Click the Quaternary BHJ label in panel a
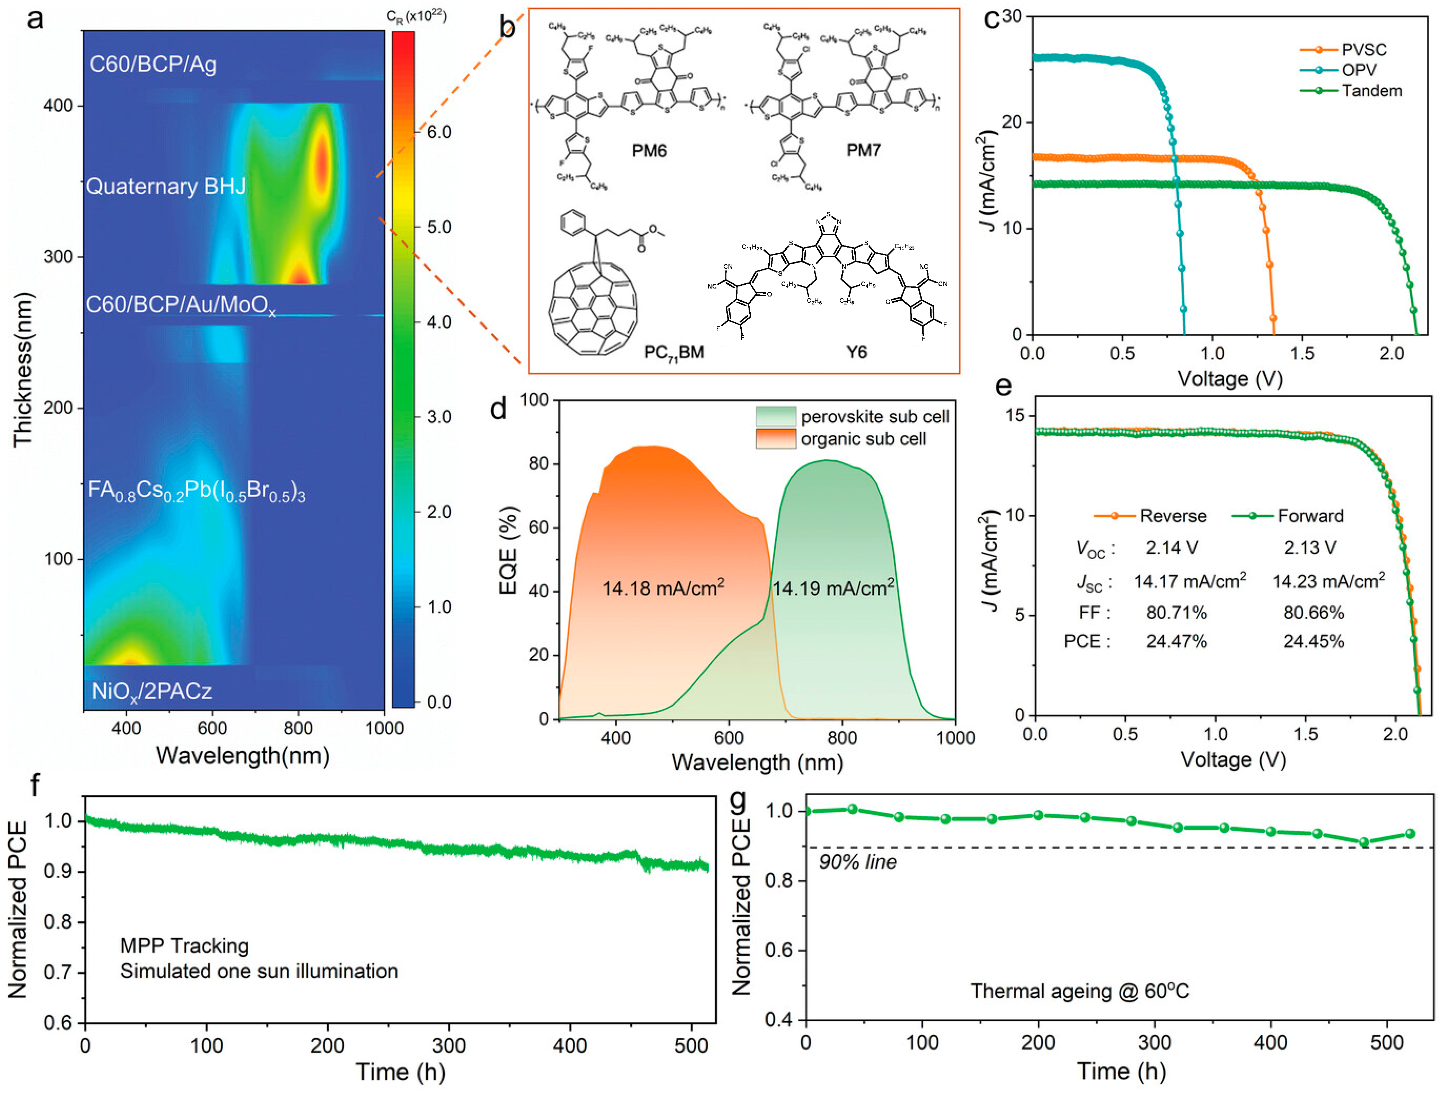point(166,187)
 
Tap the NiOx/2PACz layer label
point(152,691)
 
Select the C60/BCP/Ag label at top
point(153,64)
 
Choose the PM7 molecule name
point(863,150)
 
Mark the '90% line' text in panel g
point(857,862)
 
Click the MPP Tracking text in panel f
point(184,946)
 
